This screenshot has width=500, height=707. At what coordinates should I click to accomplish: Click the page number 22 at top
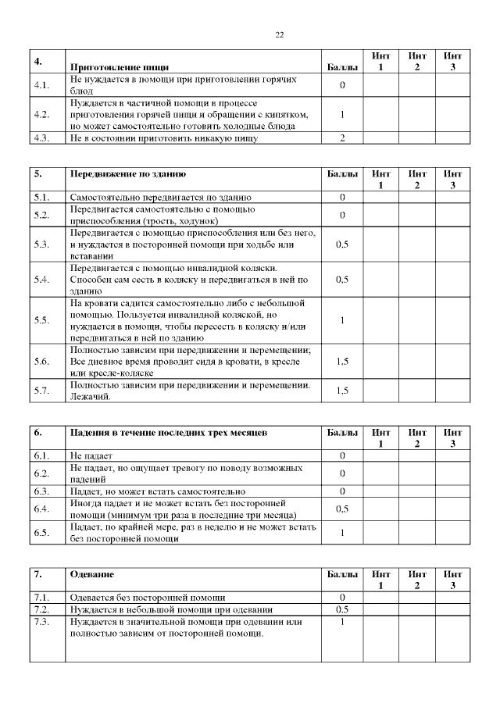coord(280,34)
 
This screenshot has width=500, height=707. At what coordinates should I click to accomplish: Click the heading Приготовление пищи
coord(120,67)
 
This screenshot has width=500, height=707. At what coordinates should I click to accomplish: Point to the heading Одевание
coord(92,574)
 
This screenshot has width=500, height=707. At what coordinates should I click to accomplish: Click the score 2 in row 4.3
coord(342,138)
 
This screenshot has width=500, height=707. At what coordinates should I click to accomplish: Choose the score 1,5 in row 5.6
coord(342,362)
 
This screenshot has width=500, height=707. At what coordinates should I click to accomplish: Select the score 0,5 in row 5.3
coord(342,245)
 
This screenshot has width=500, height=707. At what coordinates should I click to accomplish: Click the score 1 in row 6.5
coord(342,532)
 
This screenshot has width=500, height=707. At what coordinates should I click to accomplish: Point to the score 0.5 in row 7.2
coord(342,609)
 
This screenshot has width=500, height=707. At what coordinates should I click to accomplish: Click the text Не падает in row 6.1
coord(91,455)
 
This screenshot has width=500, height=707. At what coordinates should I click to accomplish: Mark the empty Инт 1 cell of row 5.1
coord(380,197)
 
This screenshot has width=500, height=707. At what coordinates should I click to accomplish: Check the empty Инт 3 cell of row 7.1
coord(452,598)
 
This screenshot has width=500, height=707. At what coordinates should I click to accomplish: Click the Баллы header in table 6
coord(342,432)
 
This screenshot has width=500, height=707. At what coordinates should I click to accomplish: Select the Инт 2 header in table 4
coord(417,62)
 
